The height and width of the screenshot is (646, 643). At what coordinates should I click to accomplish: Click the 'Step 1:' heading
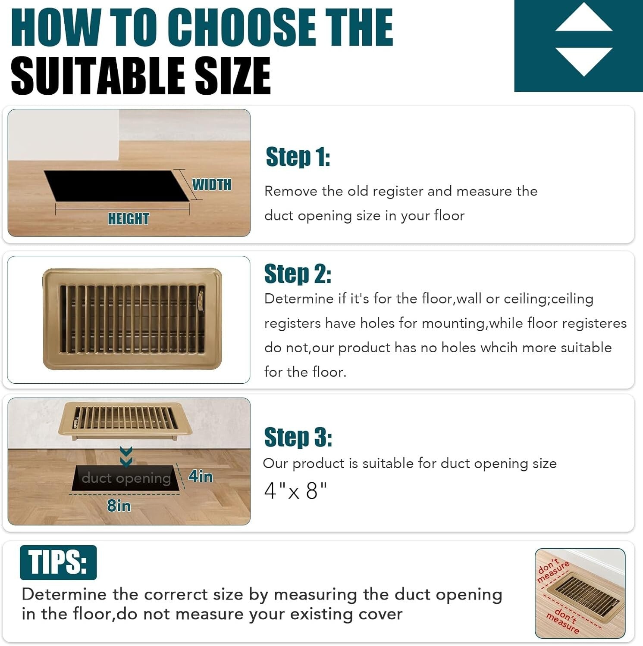coord(298,157)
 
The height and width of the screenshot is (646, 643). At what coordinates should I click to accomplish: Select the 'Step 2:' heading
coord(298,274)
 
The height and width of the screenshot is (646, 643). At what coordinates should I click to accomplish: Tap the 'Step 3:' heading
coord(298,437)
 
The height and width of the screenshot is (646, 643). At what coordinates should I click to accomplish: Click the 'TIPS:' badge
coord(58,562)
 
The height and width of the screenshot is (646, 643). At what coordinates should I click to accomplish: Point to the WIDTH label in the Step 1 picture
coord(212,185)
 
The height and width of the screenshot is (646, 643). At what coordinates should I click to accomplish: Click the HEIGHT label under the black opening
coord(129,219)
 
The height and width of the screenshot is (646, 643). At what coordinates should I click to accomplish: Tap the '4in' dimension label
coord(201,476)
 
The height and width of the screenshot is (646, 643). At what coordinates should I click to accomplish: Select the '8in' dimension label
coord(119,506)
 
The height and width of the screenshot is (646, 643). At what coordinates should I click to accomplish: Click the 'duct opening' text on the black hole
coord(126,478)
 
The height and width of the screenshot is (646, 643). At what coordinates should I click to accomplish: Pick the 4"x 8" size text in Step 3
coord(295,491)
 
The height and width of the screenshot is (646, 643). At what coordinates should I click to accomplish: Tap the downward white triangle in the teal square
coord(583,60)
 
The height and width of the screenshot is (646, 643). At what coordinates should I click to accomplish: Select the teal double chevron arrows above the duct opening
coord(126,457)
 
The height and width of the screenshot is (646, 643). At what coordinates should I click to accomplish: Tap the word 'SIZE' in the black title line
coord(233,76)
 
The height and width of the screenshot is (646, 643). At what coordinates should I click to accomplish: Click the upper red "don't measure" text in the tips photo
coord(553,570)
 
